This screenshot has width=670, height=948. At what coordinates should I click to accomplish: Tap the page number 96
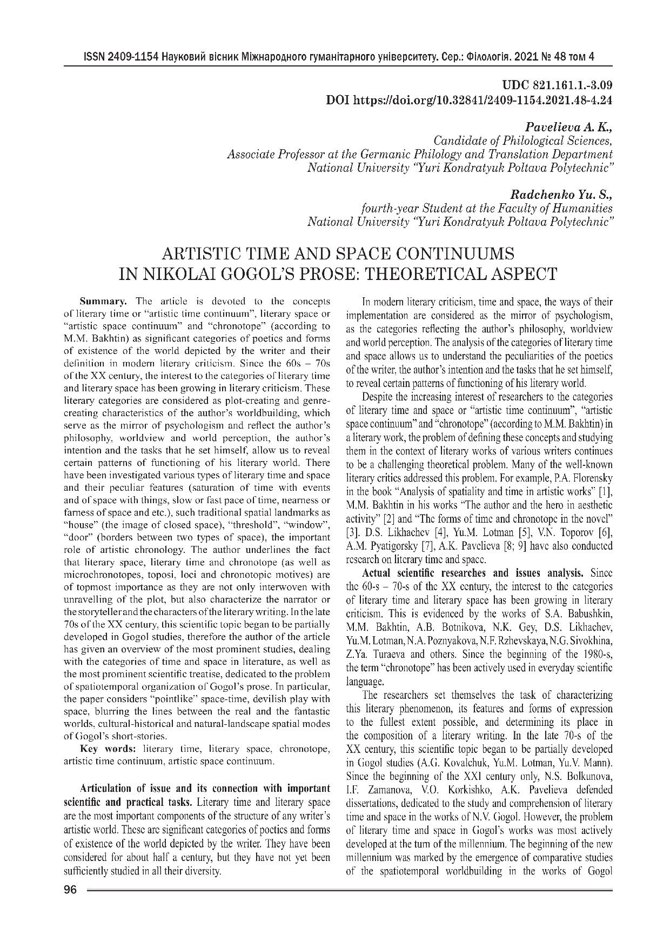[x=71, y=891]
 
